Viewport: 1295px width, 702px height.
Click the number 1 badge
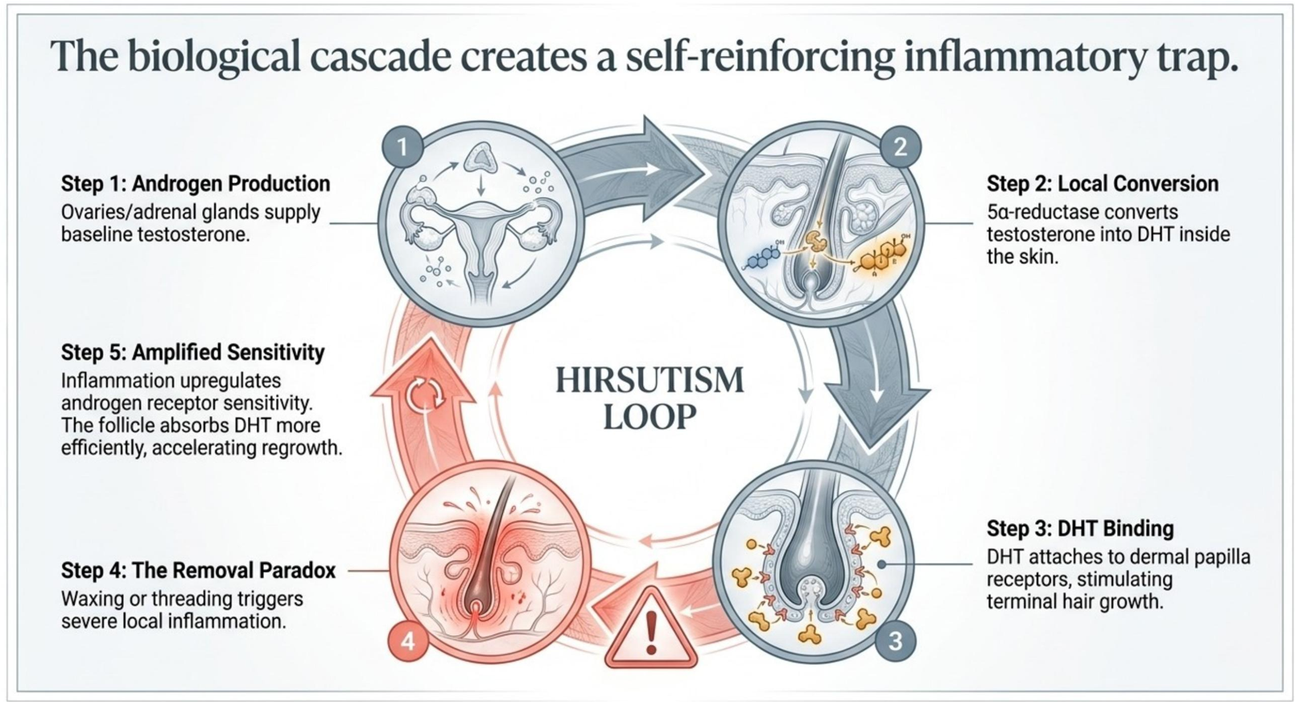click(x=402, y=147)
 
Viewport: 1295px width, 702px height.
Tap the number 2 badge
click(x=900, y=147)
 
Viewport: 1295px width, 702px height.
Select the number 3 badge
click(x=895, y=641)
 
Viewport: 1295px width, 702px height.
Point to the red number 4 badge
click(x=408, y=641)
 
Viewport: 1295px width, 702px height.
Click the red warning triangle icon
click(x=651, y=629)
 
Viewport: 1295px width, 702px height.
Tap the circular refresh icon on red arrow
click(x=425, y=394)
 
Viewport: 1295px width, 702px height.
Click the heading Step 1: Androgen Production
click(x=196, y=184)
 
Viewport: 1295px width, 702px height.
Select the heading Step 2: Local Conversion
click(x=1103, y=184)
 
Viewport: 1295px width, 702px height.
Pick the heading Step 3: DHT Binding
click(x=1080, y=528)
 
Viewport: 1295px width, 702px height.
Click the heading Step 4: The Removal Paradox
click(x=198, y=570)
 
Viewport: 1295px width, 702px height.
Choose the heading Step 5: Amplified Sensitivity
click(x=193, y=352)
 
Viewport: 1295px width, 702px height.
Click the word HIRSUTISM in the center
click(x=650, y=381)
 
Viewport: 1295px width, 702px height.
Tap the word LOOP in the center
click(x=650, y=417)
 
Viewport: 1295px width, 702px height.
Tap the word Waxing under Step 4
click(x=93, y=599)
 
